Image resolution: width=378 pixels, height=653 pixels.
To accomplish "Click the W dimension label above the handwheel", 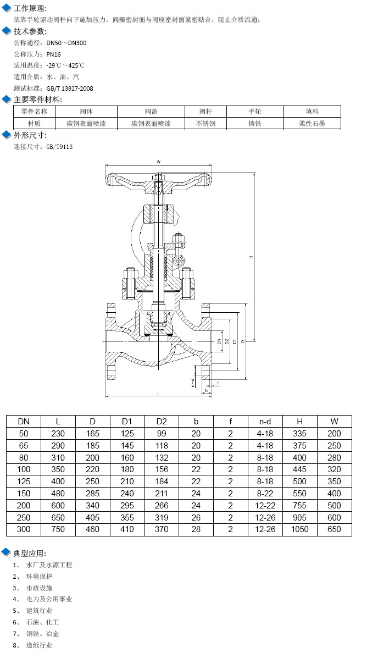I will tap(158, 162).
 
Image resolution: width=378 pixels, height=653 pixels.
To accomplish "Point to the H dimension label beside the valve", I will tap(251, 257).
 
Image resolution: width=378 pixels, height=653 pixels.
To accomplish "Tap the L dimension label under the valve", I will tap(158, 393).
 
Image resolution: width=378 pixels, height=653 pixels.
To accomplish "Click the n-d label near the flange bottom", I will tap(193, 382).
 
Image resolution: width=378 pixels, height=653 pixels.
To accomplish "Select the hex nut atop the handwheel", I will tap(158, 177).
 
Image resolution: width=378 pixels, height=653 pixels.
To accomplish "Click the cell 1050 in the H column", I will tap(299, 529).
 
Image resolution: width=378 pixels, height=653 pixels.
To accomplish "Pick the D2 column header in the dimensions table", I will tap(162, 422).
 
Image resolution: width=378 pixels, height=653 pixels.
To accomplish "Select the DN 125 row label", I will tap(24, 482).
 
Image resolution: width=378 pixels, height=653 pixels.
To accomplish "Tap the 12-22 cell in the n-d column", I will tap(265, 505).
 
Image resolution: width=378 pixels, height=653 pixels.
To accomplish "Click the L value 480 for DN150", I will tap(58, 494).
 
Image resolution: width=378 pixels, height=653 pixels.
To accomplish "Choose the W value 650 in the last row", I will tap(334, 529).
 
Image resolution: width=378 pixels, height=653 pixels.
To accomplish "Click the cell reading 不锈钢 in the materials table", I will tap(206, 124).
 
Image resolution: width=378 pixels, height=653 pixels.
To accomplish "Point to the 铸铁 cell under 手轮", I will tap(254, 124).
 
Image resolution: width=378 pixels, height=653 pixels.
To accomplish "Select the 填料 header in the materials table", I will tap(312, 112).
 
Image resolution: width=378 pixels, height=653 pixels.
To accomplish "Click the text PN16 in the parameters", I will tap(54, 54).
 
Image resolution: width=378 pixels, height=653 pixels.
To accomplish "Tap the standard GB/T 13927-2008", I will tap(69, 88).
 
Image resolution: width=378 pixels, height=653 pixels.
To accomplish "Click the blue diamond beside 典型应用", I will tap(7, 552).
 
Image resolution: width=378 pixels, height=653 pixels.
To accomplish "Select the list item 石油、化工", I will tap(42, 622).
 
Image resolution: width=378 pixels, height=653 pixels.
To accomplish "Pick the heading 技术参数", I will tap(30, 31).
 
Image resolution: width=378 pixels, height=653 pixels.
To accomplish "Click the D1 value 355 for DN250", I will tap(127, 517).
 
